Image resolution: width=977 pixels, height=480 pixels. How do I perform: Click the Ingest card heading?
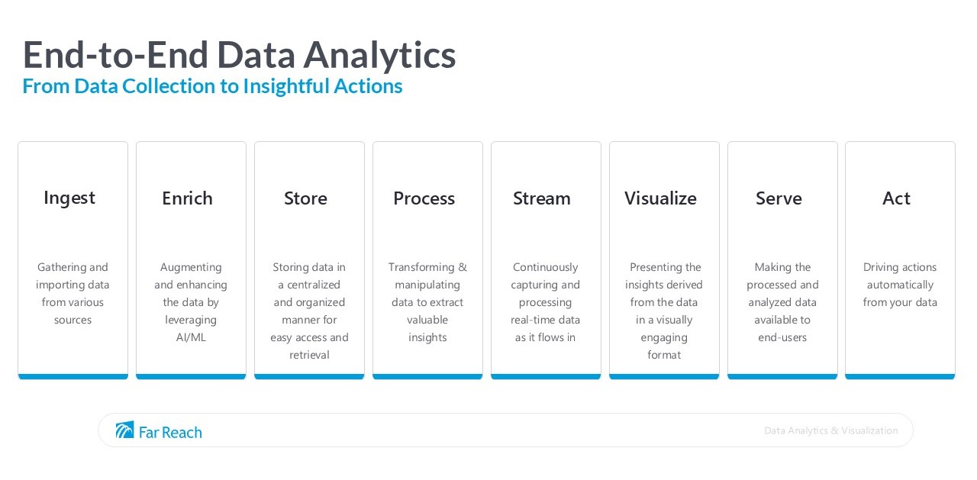pyautogui.click(x=69, y=198)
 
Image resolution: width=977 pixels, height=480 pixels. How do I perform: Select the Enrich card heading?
pyautogui.click(x=187, y=198)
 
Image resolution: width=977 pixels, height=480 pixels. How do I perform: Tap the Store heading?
pyautogui.click(x=305, y=198)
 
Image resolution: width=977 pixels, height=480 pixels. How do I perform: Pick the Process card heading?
pyautogui.click(x=424, y=198)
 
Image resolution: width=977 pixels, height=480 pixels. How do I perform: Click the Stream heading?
pyautogui.click(x=541, y=198)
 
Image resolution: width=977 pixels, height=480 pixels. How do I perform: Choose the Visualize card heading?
pyautogui.click(x=660, y=198)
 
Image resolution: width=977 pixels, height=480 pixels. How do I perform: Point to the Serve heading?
pyautogui.click(x=779, y=198)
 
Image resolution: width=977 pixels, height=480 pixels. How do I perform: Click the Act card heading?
pyautogui.click(x=896, y=198)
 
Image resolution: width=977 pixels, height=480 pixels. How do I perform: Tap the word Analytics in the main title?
pyautogui.click(x=379, y=55)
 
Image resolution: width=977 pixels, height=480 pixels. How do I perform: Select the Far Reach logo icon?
pyautogui.click(x=124, y=430)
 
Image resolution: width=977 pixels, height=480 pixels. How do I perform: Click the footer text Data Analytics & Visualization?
pyautogui.click(x=830, y=430)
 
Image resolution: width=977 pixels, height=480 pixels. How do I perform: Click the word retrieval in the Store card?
pyautogui.click(x=309, y=355)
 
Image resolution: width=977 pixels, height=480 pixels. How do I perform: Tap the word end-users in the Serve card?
pyautogui.click(x=782, y=337)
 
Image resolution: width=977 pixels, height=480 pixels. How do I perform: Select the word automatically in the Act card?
pyautogui.click(x=900, y=285)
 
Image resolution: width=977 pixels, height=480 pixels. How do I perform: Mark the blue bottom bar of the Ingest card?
pyautogui.click(x=73, y=376)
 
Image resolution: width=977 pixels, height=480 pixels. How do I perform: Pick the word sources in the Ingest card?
pyautogui.click(x=73, y=320)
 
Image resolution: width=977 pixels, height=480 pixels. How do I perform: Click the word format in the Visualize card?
pyautogui.click(x=664, y=355)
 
